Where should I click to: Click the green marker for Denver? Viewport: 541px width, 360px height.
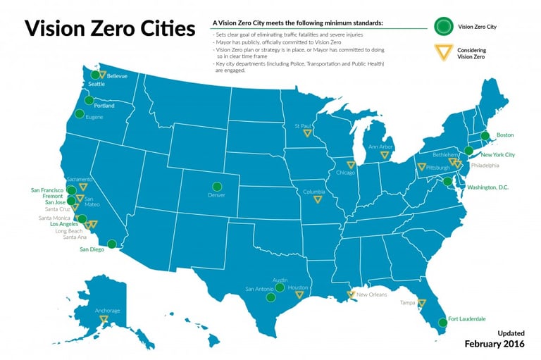coord(217,187)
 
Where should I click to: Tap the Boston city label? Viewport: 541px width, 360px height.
coord(505,135)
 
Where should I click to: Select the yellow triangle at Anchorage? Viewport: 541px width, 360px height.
coord(104,319)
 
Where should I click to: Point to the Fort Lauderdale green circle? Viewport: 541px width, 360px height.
coord(442,323)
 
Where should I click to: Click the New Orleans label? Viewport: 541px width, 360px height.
coord(372,294)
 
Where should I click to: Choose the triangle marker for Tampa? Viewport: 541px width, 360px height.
coord(421,304)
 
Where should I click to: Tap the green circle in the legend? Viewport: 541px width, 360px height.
coord(442,27)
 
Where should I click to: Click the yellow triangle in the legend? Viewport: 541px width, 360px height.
coord(442,52)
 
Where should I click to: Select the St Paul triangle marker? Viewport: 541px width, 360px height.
coord(306,132)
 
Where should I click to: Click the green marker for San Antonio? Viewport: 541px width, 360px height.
coord(270,297)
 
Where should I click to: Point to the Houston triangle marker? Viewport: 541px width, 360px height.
coord(299,294)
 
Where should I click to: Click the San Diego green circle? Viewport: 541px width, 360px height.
coord(111,244)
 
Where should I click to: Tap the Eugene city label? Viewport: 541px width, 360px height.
coord(94,117)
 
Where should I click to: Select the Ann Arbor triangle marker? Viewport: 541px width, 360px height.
coord(385,155)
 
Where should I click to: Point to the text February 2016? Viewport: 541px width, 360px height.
coord(495,343)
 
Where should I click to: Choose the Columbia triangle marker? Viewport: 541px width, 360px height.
coord(317,199)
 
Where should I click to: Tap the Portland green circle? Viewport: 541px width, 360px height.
coord(88,101)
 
